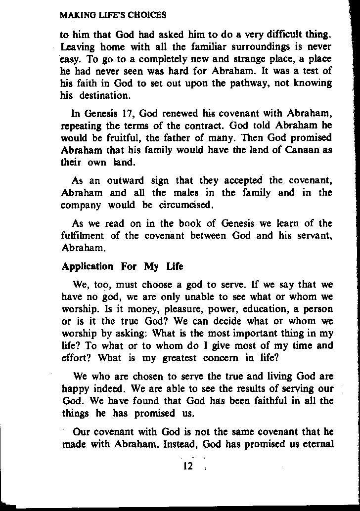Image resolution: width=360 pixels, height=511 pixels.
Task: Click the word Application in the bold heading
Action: pos(88,266)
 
